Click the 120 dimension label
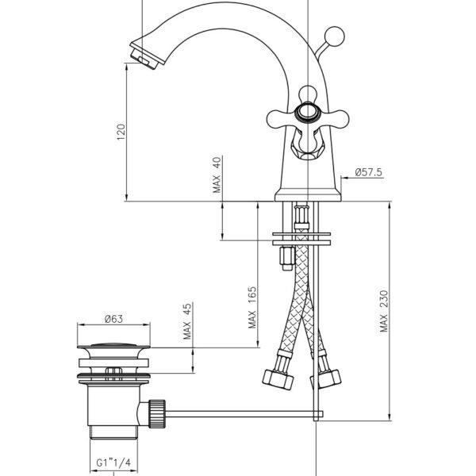click(121, 132)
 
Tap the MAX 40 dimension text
click(217, 175)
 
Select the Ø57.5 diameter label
click(369, 172)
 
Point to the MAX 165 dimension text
click(252, 307)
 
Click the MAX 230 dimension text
click(384, 311)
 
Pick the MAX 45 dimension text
click(187, 321)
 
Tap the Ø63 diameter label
click(113, 319)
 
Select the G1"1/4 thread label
click(113, 463)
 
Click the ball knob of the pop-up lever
click(334, 36)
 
